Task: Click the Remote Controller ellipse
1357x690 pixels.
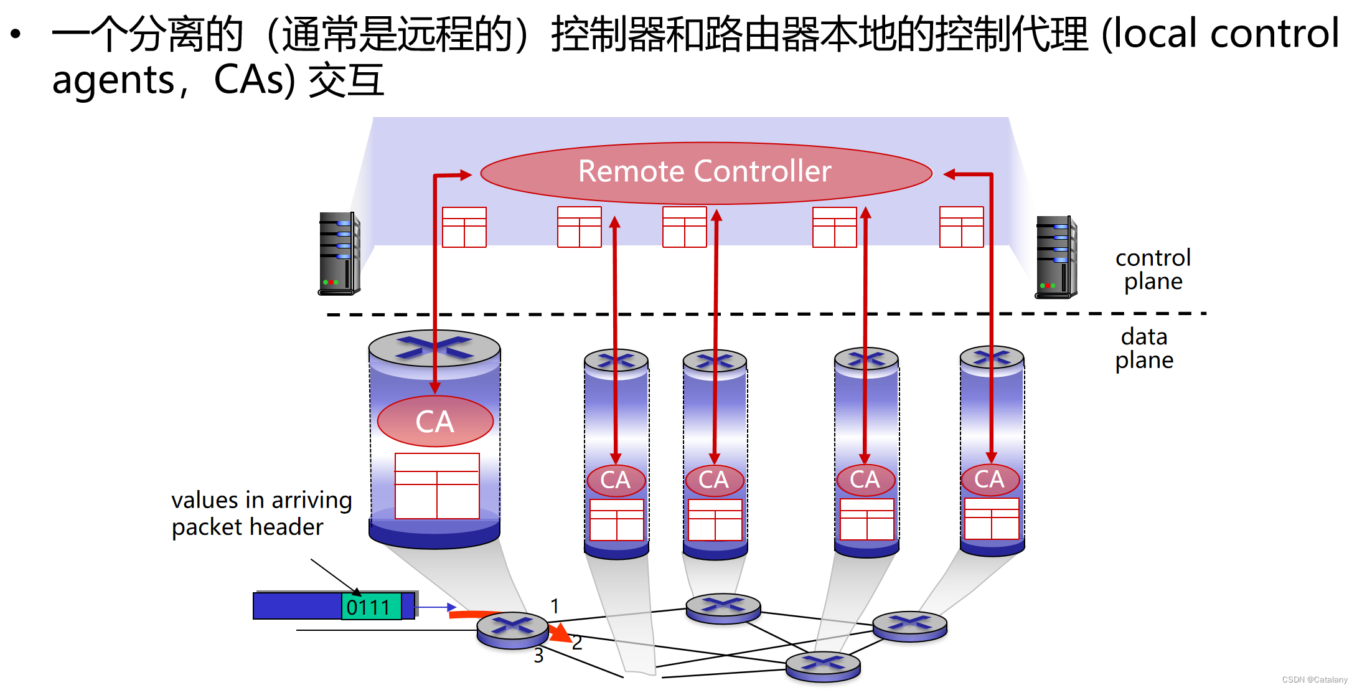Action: tap(706, 172)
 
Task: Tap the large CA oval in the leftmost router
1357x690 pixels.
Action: tap(435, 422)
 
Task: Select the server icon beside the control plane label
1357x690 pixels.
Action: tap(1056, 257)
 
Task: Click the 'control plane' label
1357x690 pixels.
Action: tap(1152, 270)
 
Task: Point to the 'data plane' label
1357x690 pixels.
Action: tap(1144, 349)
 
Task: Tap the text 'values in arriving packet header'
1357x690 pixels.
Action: tap(261, 514)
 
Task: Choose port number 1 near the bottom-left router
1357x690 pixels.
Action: tap(555, 606)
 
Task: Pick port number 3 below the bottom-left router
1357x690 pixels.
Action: tap(538, 656)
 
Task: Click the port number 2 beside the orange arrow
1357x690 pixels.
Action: tap(577, 643)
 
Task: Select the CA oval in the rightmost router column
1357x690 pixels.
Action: tap(990, 480)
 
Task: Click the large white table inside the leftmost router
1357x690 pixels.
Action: tap(437, 486)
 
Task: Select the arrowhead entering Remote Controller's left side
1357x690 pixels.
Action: tap(466, 175)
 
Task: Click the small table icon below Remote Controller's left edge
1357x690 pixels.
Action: tap(464, 227)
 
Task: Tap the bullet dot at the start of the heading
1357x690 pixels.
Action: tap(16, 34)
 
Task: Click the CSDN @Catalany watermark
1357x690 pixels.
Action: tap(1314, 679)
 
